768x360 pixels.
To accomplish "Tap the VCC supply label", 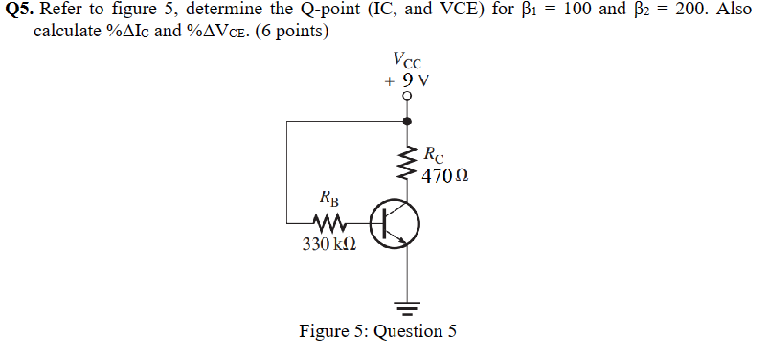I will pos(406,66).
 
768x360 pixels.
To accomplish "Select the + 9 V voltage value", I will pos(406,81).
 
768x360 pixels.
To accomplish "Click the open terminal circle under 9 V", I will pos(407,98).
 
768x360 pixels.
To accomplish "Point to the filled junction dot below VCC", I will pos(407,122).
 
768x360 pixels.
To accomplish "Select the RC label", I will pos(432,154).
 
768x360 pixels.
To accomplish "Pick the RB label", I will pos(328,201).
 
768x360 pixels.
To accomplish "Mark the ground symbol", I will pos(407,306).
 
